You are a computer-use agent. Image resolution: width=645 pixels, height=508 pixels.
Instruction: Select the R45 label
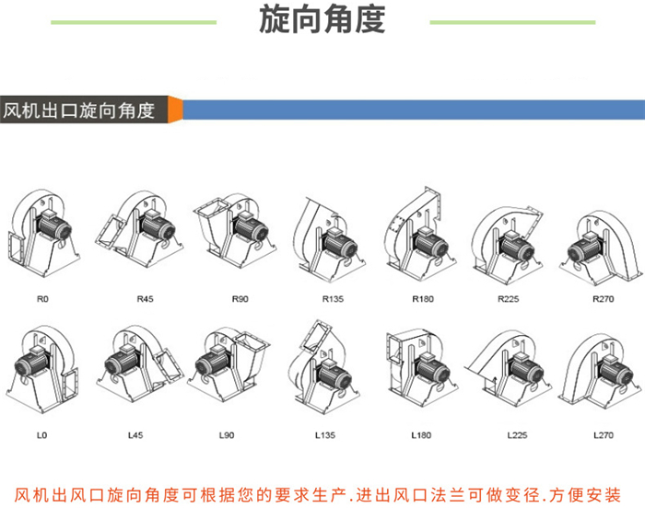pos(146,298)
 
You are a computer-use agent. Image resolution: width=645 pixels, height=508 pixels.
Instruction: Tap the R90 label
pos(240,298)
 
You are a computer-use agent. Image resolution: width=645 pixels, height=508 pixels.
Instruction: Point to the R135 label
pos(332,298)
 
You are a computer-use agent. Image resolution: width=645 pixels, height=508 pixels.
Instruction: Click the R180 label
pos(422,298)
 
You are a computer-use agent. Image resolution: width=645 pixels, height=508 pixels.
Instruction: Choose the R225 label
pos(508,298)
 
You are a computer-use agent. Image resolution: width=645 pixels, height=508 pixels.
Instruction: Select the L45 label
pos(135,433)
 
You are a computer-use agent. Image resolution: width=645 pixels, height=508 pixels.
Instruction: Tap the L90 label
pos(227,433)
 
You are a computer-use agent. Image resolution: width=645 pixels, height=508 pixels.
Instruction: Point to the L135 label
pos(325,433)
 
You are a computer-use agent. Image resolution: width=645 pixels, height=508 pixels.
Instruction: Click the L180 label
pos(420,433)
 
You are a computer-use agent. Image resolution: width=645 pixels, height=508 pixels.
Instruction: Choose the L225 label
pos(516,433)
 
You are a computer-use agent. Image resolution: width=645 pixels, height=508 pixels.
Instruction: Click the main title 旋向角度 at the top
pos(322,20)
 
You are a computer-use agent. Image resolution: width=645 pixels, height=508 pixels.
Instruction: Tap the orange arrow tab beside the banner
pos(175,109)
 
